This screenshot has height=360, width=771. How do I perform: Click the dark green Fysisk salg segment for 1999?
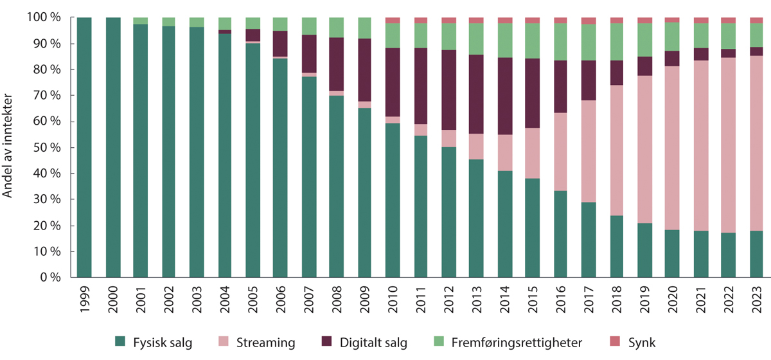pos(84,148)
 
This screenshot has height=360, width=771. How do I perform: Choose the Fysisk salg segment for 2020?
pos(671,254)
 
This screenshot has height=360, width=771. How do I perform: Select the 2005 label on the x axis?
pos(253,302)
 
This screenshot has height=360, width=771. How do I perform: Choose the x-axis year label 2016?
pos(560,302)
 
